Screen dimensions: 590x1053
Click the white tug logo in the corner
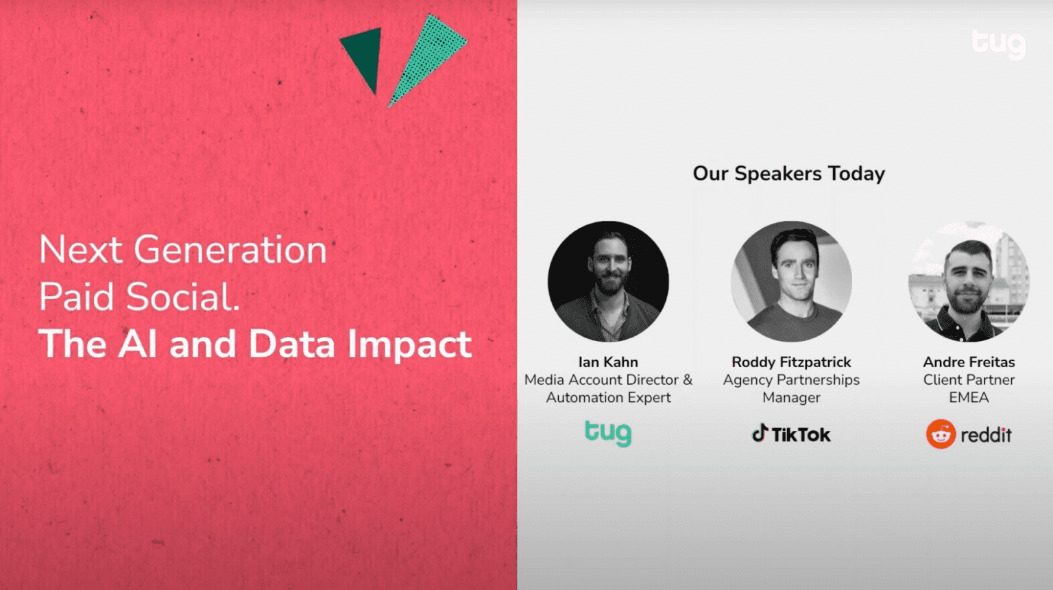tap(998, 43)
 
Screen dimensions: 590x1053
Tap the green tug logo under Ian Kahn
tap(607, 433)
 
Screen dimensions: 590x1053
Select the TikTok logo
tap(791, 434)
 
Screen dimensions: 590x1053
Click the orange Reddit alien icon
tap(941, 434)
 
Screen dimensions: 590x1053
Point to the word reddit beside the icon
tap(986, 435)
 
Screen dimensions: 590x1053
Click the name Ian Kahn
tap(607, 362)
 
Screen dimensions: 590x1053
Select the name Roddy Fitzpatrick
tap(791, 362)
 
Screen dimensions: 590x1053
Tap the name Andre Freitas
tap(969, 362)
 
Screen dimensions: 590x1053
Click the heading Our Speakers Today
tap(788, 174)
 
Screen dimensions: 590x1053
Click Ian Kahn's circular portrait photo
tap(608, 281)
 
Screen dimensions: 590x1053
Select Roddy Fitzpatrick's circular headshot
tap(791, 281)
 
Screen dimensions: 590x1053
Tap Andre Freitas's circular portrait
tap(969, 281)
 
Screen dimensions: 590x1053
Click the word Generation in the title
tap(230, 250)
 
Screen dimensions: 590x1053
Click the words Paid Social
tap(139, 297)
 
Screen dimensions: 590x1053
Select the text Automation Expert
tap(608, 397)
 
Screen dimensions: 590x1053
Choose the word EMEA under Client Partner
tap(969, 397)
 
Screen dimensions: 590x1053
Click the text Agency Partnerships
tap(791, 379)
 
